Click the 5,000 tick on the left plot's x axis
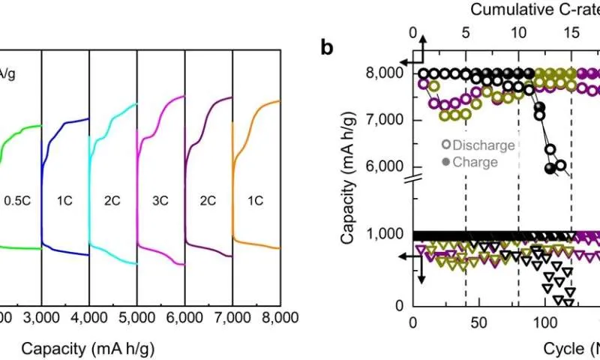(136, 319)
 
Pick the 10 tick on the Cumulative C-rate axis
(518, 33)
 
